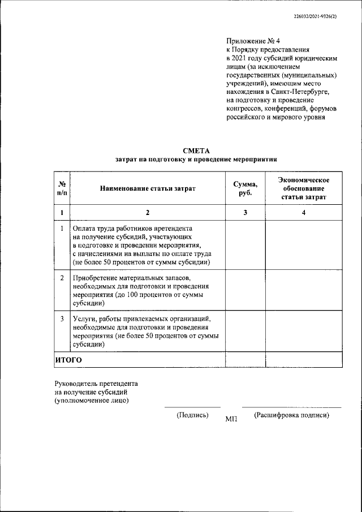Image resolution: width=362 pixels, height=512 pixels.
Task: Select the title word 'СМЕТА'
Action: pyautogui.click(x=196, y=150)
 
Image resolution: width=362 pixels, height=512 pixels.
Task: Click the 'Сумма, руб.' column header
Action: pyautogui.click(x=245, y=188)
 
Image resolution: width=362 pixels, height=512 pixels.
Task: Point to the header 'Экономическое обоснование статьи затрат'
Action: pyautogui.click(x=304, y=188)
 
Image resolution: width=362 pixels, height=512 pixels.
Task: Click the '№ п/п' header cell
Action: pyautogui.click(x=62, y=188)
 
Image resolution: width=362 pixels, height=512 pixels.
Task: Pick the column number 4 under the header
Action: pyautogui.click(x=304, y=213)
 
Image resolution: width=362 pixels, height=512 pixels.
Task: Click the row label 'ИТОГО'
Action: pyautogui.click(x=68, y=359)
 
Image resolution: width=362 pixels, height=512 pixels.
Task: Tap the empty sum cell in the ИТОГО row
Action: pyautogui.click(x=245, y=359)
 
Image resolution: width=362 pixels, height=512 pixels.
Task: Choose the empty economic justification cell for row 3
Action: pyautogui.click(x=304, y=332)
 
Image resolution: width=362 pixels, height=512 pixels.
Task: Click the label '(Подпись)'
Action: pyautogui.click(x=192, y=415)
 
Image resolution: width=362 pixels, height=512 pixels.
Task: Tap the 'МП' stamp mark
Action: pyautogui.click(x=231, y=419)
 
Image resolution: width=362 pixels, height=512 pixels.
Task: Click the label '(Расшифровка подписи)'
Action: pyautogui.click(x=291, y=415)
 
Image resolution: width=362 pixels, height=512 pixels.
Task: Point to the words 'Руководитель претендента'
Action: pyautogui.click(x=96, y=383)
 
